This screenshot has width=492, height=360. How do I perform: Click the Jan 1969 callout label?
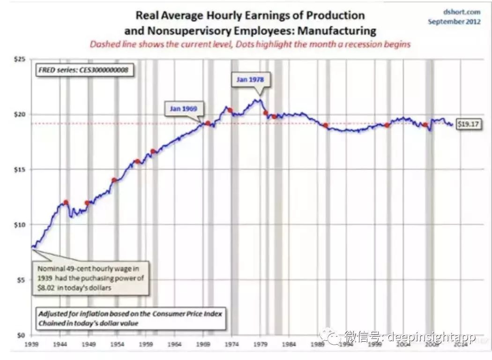point(183,109)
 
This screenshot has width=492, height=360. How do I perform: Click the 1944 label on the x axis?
point(60,344)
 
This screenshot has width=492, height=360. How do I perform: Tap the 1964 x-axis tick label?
point(174,344)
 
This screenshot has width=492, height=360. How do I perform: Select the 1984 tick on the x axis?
point(289,344)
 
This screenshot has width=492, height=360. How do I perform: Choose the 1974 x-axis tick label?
point(231,344)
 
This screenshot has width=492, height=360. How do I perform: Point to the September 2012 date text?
point(454,22)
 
